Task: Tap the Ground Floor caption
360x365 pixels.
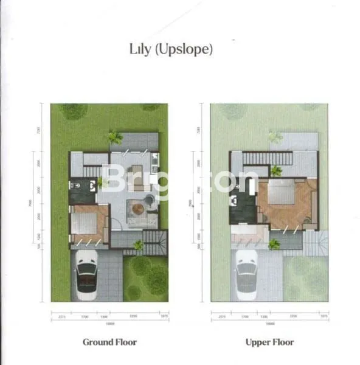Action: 109,342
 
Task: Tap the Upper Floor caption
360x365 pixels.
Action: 269,342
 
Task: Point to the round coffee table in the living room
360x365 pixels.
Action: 139,209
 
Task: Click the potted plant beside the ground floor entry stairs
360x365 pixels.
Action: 139,245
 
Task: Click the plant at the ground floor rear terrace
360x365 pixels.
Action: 114,137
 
